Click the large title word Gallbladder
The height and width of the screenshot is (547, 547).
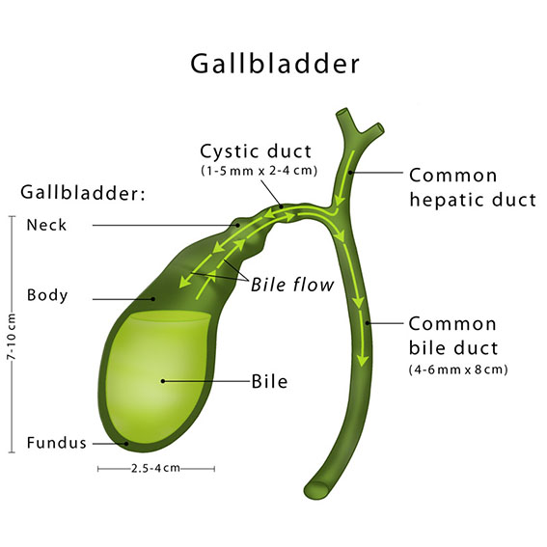275,64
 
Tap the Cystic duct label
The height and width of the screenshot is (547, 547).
256,151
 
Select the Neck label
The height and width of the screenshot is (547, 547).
46,225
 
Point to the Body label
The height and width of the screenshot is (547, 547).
47,295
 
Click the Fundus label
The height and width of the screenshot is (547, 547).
57,443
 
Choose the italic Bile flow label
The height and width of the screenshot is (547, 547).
292,285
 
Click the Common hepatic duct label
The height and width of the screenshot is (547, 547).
473,187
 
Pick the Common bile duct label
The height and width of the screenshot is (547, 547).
453,336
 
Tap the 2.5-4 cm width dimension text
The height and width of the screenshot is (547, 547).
155,468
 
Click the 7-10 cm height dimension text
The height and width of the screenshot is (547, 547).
12,337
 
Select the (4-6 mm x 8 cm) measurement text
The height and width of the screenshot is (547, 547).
458,369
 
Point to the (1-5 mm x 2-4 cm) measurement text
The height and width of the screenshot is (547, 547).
260,171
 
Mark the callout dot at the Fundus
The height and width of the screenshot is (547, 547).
127,444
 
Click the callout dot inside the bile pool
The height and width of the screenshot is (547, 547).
163,381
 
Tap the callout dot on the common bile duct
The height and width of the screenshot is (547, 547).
368,323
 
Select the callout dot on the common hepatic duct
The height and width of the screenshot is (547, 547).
350,173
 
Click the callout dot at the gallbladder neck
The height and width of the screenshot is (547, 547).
238,226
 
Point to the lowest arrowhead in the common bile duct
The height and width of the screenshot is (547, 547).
363,360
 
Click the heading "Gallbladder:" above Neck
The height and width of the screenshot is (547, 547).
83,193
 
